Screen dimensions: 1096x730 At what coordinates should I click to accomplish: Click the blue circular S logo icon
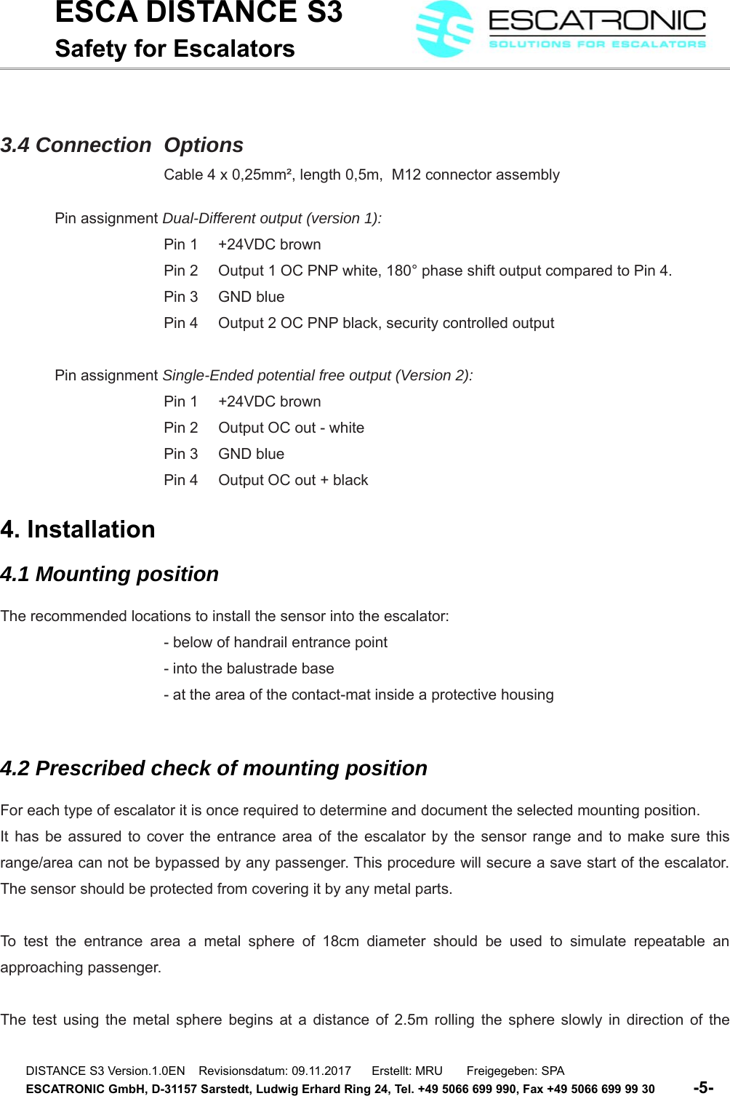444,29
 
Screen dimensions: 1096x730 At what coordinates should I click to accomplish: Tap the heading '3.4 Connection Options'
122,145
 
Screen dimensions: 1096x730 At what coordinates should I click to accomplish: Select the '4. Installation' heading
78,529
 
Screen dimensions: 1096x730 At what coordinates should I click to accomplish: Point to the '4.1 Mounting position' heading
110,575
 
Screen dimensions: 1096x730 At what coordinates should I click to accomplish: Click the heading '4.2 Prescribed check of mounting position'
214,769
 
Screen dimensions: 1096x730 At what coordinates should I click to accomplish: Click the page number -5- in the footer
703,1088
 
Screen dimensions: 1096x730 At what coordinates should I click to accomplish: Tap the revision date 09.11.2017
321,1071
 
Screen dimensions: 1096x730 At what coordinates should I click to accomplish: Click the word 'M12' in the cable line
406,175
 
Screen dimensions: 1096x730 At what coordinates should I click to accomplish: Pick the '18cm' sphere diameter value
340,941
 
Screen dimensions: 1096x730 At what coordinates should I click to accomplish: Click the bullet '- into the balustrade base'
249,668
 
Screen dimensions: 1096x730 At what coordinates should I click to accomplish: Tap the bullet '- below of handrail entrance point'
276,642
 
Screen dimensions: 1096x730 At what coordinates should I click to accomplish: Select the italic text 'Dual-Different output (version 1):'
272,218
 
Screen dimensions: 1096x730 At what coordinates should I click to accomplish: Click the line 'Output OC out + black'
293,480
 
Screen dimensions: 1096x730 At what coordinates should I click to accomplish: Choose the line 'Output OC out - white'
291,428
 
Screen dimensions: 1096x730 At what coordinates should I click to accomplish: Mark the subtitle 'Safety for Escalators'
175,49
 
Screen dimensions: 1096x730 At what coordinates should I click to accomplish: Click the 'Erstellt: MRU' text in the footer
407,1071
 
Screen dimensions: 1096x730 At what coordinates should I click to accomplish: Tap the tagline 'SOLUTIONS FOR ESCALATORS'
597,44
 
